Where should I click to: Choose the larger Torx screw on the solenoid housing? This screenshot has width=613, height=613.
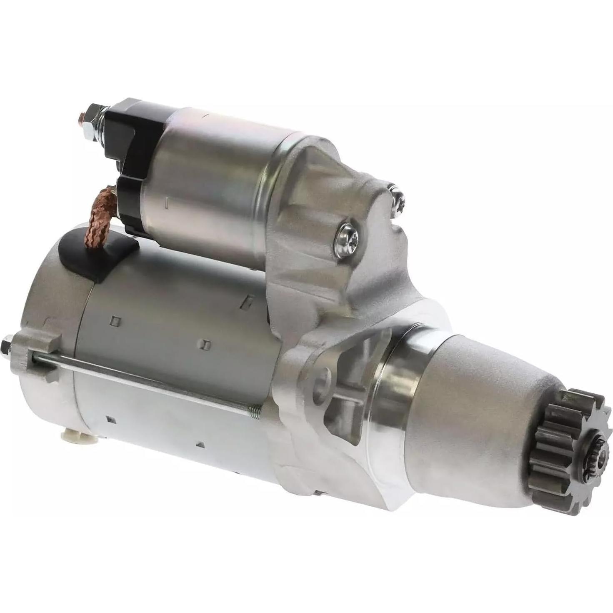pyautogui.click(x=347, y=239)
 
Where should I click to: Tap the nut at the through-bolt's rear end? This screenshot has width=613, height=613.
pyautogui.click(x=7, y=345)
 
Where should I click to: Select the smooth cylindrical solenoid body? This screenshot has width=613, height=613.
pyautogui.click(x=208, y=179)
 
